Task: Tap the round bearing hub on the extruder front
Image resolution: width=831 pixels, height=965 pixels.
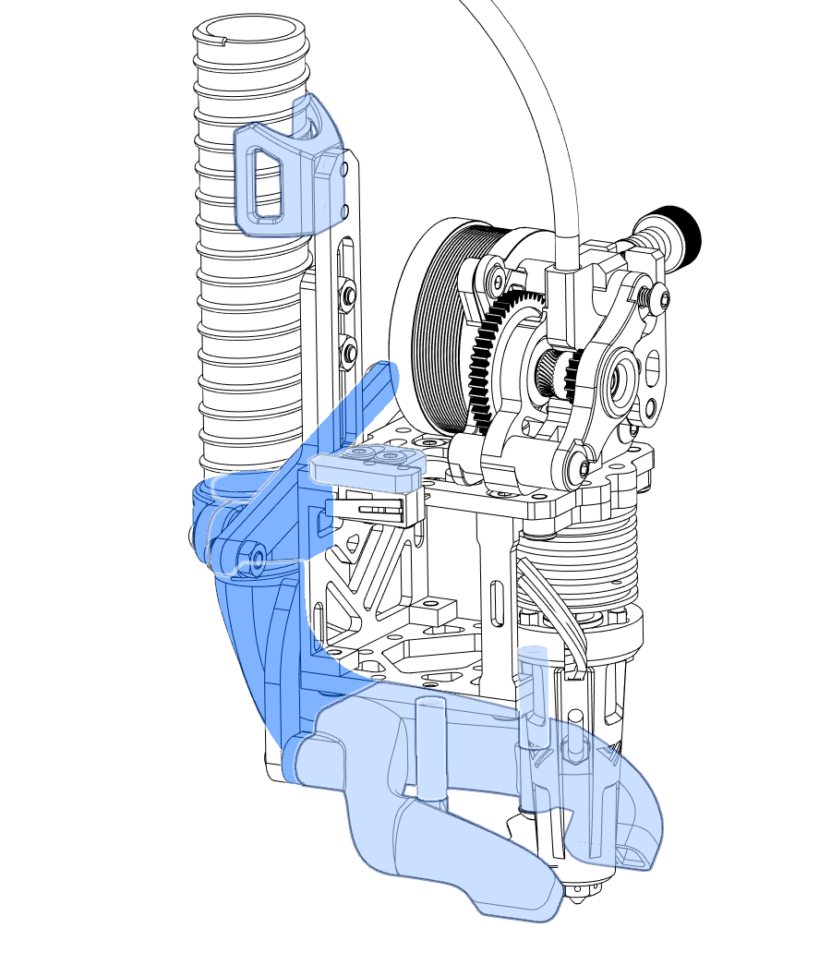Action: tap(616, 380)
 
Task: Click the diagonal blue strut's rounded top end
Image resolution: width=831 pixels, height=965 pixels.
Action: tap(381, 375)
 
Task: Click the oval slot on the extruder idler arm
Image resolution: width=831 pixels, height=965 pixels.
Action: tap(657, 374)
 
